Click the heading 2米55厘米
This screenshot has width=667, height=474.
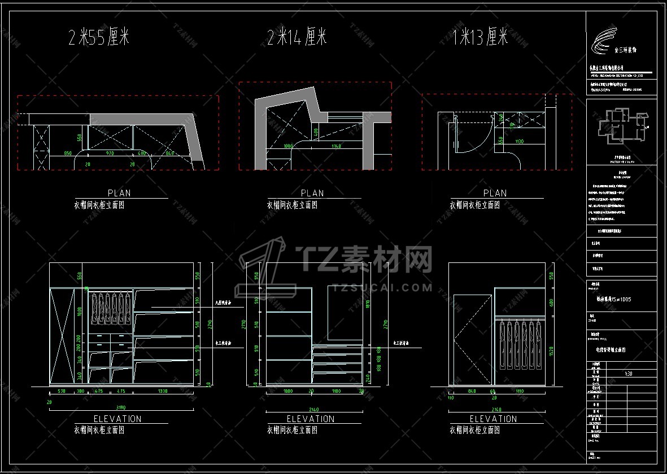point(99,38)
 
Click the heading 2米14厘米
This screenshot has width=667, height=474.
point(297,38)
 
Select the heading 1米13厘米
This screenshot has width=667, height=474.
point(481,37)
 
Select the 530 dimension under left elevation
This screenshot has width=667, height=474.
point(62,390)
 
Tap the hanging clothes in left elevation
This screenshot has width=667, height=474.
point(108,308)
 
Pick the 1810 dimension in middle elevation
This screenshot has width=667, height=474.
point(368,305)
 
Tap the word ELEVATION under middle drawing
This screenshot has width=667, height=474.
point(311,419)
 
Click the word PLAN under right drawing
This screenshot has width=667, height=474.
point(494,193)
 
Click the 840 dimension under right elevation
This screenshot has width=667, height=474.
point(472,391)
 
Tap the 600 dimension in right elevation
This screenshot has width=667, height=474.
point(551,303)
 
